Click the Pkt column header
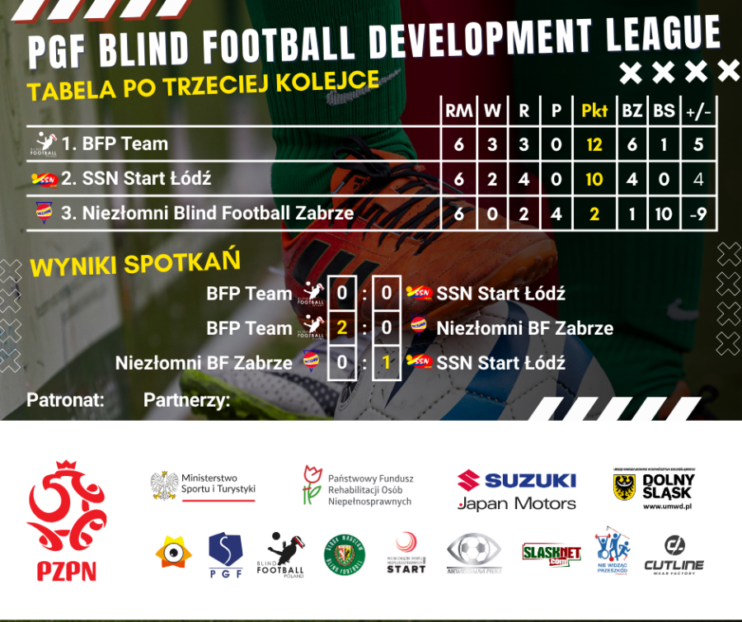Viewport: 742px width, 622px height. tap(594, 111)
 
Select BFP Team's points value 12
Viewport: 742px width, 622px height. tap(594, 144)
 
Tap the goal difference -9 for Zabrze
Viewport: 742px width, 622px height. tap(698, 213)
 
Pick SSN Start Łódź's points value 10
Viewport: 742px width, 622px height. tap(594, 179)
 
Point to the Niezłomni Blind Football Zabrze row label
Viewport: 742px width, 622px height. tap(207, 213)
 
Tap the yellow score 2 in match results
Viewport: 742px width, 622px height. tap(341, 328)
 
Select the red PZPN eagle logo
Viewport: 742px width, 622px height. tap(67, 521)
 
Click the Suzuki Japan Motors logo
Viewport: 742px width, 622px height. tap(517, 490)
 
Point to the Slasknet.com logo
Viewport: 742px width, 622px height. tap(552, 552)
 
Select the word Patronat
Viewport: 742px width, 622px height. tap(65, 401)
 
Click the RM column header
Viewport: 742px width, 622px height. tap(459, 111)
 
